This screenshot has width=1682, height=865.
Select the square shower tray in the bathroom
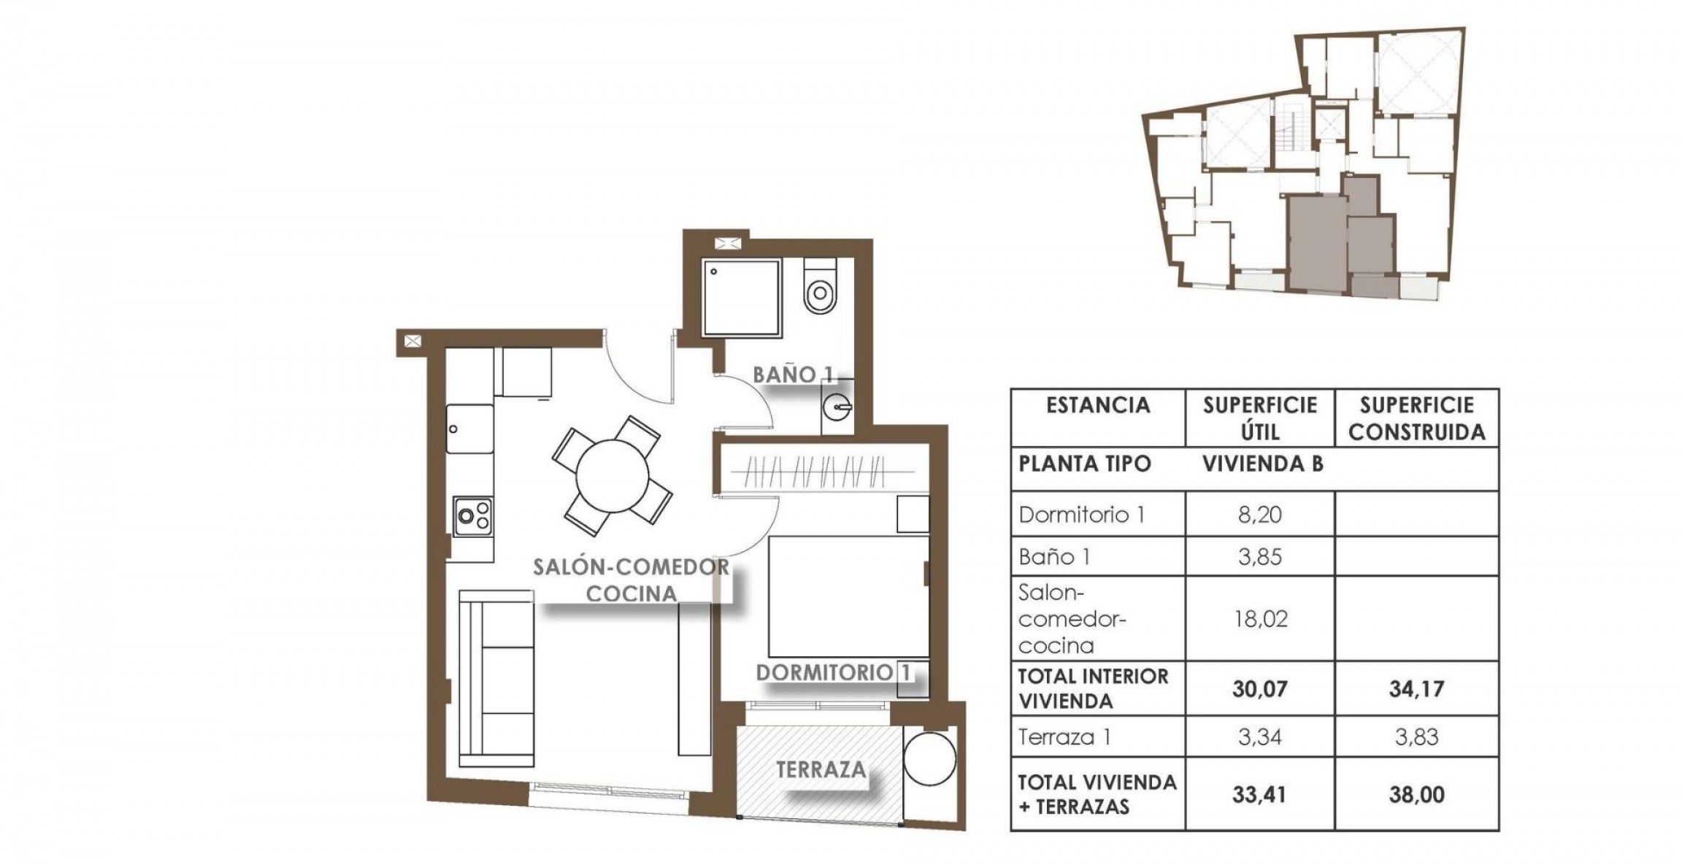click(742, 297)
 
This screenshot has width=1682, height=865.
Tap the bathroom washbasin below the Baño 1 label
click(837, 407)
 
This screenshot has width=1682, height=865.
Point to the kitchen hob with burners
click(472, 516)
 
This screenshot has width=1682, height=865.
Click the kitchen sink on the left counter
click(469, 429)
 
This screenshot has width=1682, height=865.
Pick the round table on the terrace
click(929, 758)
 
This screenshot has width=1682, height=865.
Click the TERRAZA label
click(821, 769)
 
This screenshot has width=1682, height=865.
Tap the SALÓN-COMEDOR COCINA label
click(631, 580)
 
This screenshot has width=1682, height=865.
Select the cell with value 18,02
click(1260, 619)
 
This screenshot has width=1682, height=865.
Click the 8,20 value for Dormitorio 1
click(1260, 515)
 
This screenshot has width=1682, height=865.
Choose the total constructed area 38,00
click(1416, 794)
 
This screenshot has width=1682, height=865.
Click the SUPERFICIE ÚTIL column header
click(1260, 418)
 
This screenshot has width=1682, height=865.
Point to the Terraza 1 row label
click(1064, 737)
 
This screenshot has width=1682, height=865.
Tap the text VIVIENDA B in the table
click(1263, 464)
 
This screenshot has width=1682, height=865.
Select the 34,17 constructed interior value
click(1416, 688)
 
